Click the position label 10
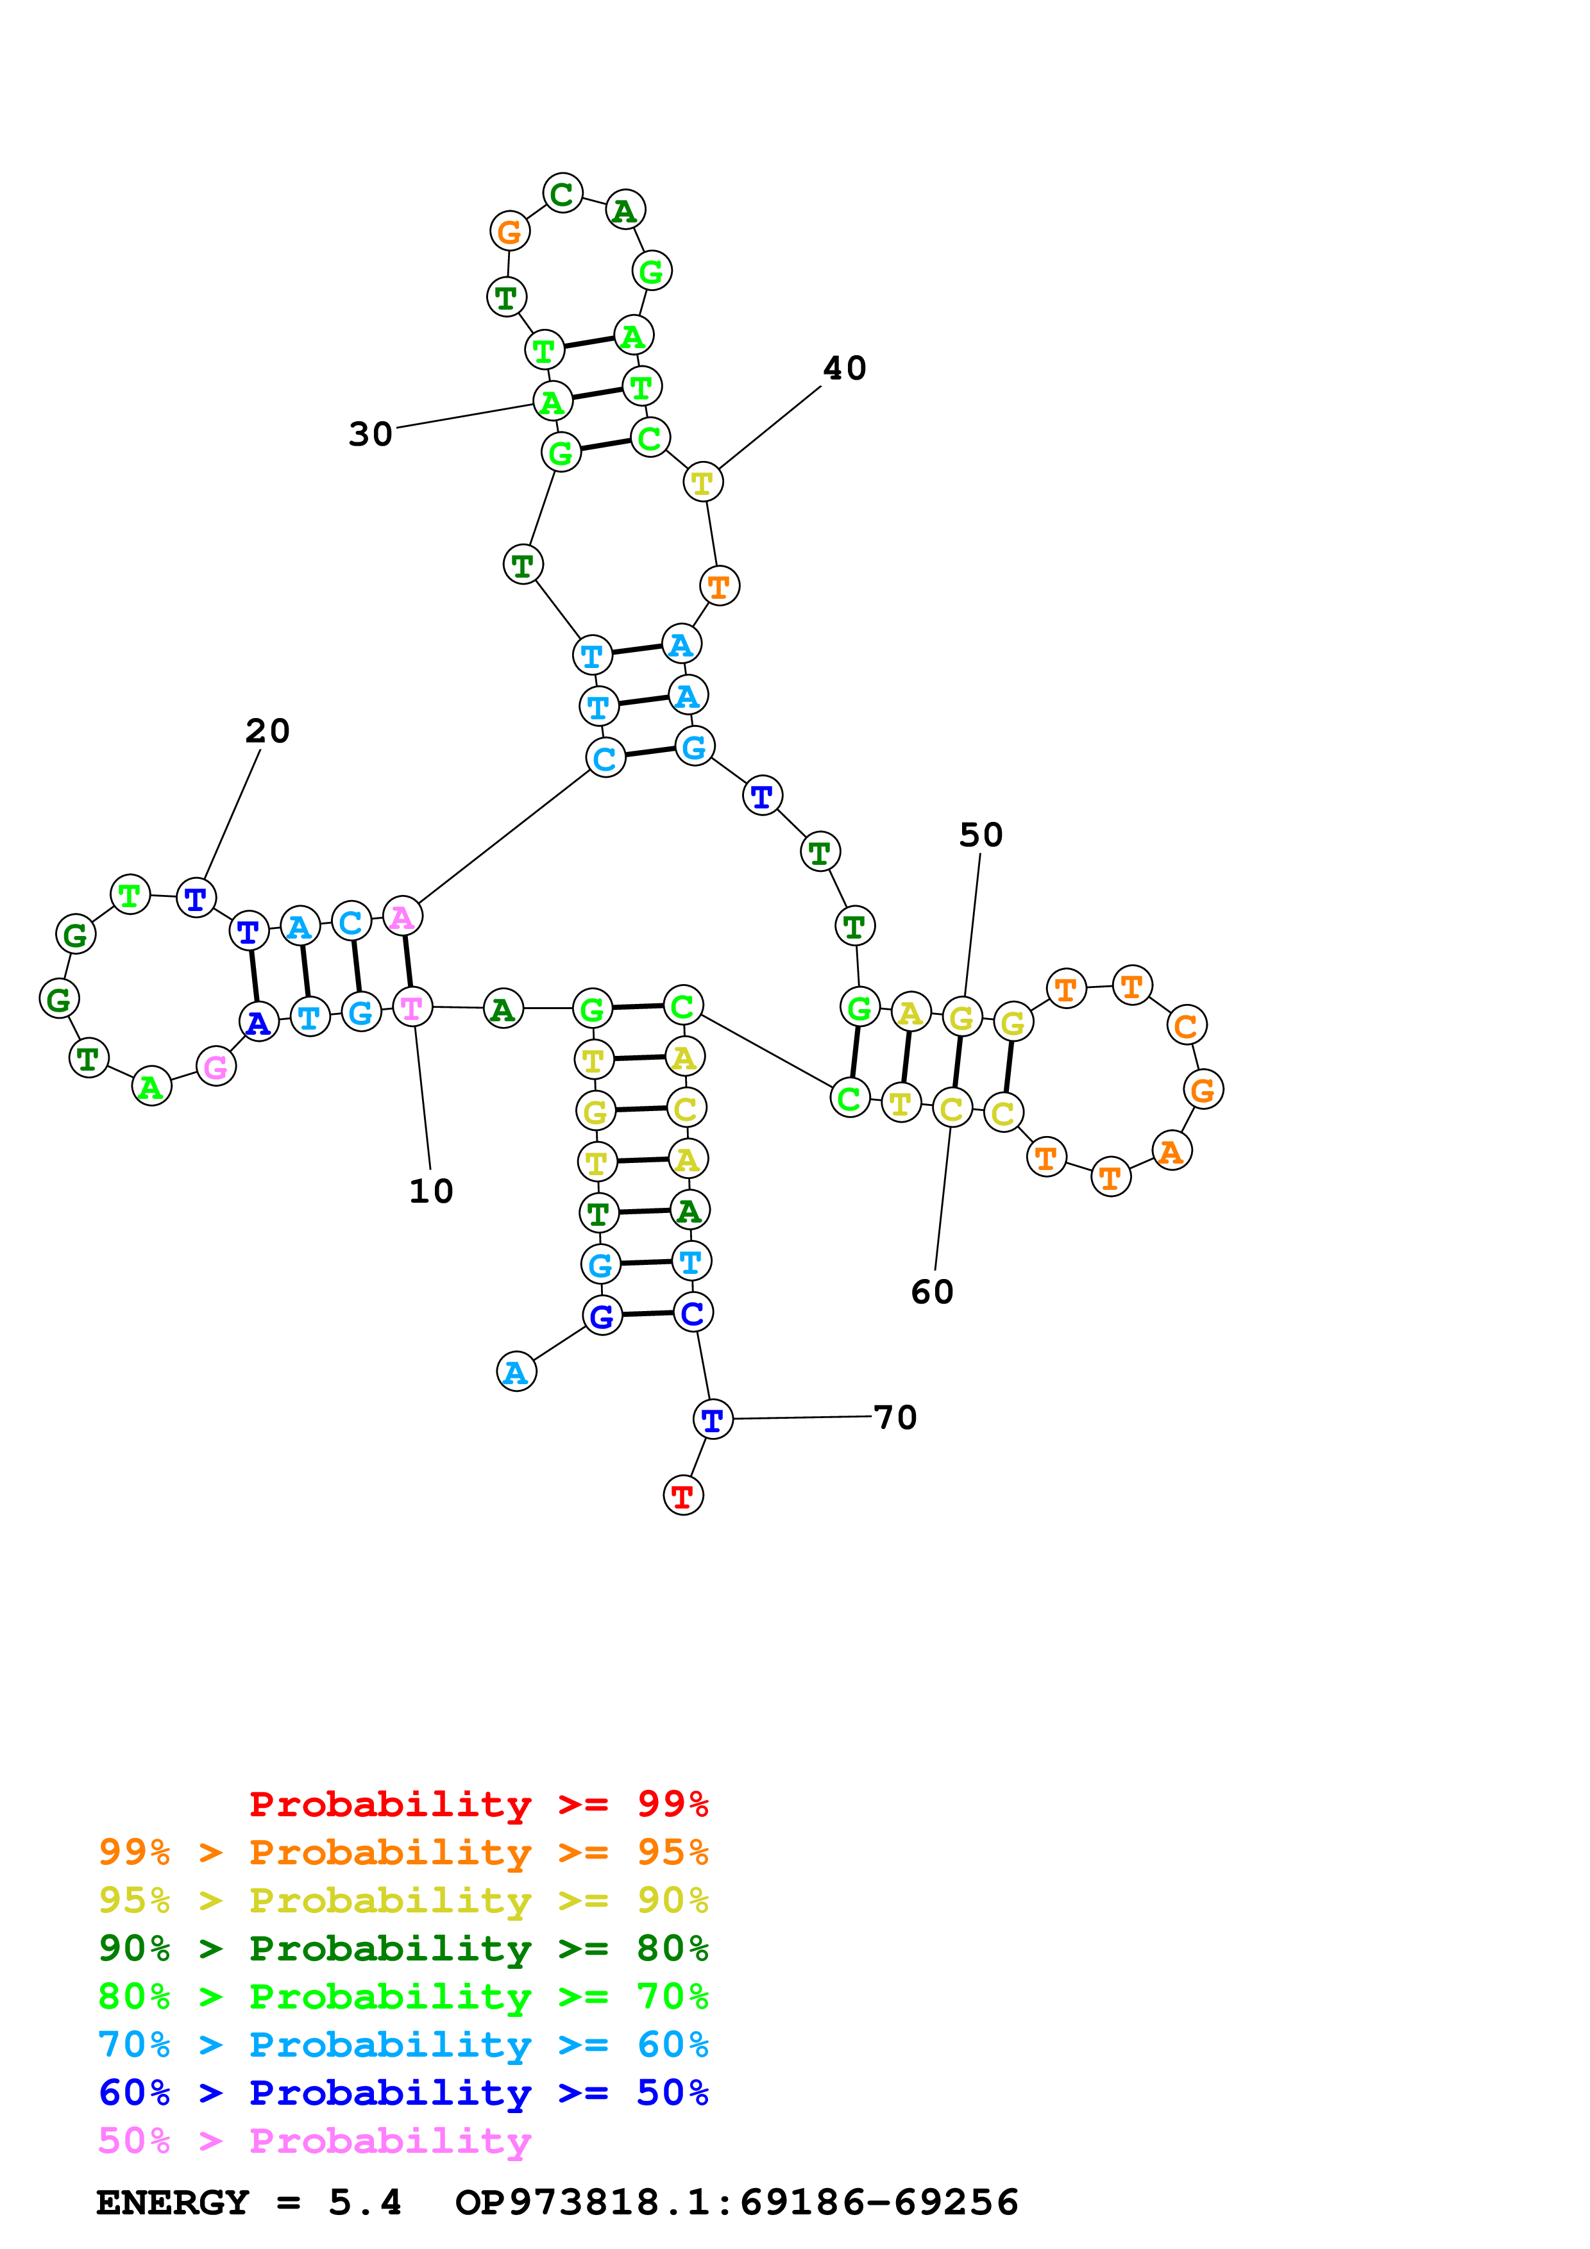tap(431, 1191)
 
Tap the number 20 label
tap(267, 731)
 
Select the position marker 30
tap(370, 434)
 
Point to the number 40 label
tap(845, 368)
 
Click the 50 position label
tap(981, 835)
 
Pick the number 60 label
tap(932, 1292)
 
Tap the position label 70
tap(895, 1417)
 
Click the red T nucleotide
tap(683, 1496)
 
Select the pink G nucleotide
tap(216, 1067)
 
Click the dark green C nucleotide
tap(562, 194)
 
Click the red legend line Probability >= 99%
tap(478, 1803)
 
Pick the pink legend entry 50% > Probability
tap(314, 2140)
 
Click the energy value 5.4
tap(364, 2202)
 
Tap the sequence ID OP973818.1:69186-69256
tap(737, 2202)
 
